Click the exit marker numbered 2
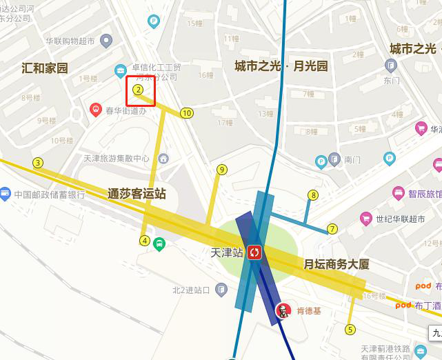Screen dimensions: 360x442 tap(138, 90)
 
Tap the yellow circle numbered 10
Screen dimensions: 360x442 tap(186, 113)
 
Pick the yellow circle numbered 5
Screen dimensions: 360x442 tap(350, 330)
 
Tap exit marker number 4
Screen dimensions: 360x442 tap(144, 241)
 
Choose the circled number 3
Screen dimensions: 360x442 tap(38, 163)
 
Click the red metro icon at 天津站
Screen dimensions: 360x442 tap(254, 252)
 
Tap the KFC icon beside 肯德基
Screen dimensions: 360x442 tap(282, 310)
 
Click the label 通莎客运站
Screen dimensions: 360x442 tap(137, 194)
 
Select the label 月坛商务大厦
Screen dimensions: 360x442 tap(336, 264)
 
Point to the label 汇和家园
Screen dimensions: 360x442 tap(45, 68)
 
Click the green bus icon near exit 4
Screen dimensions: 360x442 tap(159, 243)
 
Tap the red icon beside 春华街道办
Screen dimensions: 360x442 tap(95, 109)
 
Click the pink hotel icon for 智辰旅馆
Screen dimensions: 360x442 tap(398, 193)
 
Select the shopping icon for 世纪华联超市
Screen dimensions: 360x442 tap(365, 219)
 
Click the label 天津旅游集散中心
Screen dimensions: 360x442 tap(117, 159)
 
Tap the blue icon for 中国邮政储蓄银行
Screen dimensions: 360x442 tap(5, 194)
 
